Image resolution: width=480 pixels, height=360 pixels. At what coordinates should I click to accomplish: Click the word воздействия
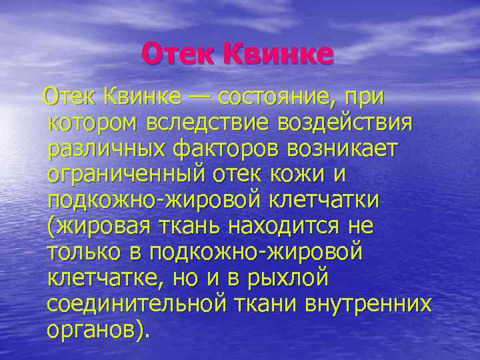345,123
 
